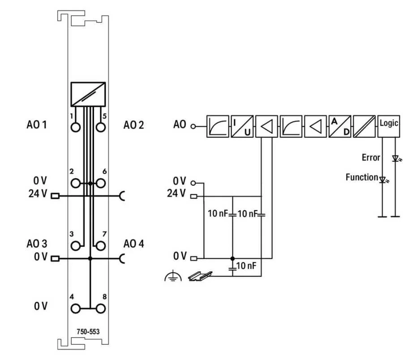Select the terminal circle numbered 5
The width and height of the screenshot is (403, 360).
pyautogui.click(x=100, y=126)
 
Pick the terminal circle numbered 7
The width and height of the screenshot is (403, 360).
pyautogui.click(x=100, y=245)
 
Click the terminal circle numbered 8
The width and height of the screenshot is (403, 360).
pyautogui.click(x=100, y=309)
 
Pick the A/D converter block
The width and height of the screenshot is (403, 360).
pyautogui.click(x=340, y=126)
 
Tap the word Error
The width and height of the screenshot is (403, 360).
pyautogui.click(x=371, y=158)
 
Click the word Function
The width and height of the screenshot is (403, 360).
pyautogui.click(x=362, y=177)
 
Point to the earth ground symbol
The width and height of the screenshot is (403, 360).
pyautogui.click(x=173, y=277)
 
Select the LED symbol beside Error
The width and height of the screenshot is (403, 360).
pyautogui.click(x=395, y=158)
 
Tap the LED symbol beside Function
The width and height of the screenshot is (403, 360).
pyautogui.click(x=383, y=180)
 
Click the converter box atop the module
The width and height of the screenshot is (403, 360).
pyautogui.click(x=88, y=93)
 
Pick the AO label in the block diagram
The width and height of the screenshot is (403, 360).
pyautogui.click(x=180, y=124)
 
